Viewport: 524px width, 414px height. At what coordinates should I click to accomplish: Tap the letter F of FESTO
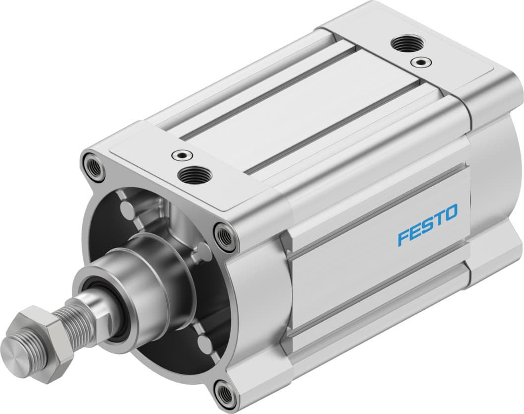[403, 237]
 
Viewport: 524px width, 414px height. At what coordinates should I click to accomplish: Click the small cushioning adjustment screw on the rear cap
[421, 62]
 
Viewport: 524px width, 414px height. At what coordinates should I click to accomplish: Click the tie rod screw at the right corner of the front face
[226, 236]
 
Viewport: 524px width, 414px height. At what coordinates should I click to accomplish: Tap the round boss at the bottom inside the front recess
[205, 343]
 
